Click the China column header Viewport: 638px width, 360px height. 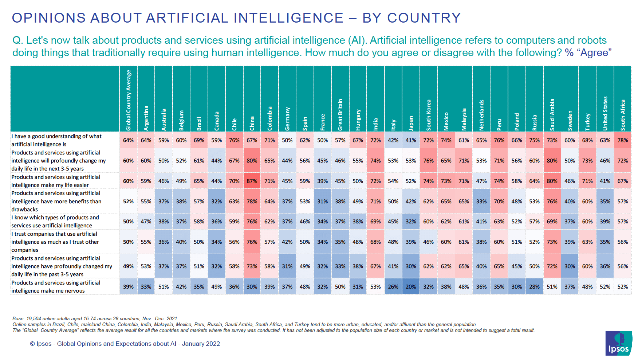[x=252, y=123]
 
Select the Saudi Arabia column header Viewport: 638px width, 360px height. [x=552, y=115]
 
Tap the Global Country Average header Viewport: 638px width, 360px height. [x=128, y=100]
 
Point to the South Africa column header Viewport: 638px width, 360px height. [x=623, y=115]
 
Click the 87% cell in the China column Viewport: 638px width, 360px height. [x=252, y=181]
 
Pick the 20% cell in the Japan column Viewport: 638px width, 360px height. [x=411, y=287]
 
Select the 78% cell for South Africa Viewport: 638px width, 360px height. [x=623, y=140]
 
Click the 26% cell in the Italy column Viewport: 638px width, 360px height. [x=393, y=287]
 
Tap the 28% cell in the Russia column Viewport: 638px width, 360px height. [x=534, y=287]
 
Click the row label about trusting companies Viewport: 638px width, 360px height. [x=55, y=242]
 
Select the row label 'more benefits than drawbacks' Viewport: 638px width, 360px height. [x=56, y=201]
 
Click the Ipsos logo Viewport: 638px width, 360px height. [x=618, y=343]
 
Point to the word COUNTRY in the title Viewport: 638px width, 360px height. [x=424, y=18]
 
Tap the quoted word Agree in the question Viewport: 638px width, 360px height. [x=594, y=53]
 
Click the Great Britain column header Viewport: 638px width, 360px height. [x=340, y=114]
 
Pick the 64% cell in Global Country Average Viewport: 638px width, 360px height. [x=128, y=140]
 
